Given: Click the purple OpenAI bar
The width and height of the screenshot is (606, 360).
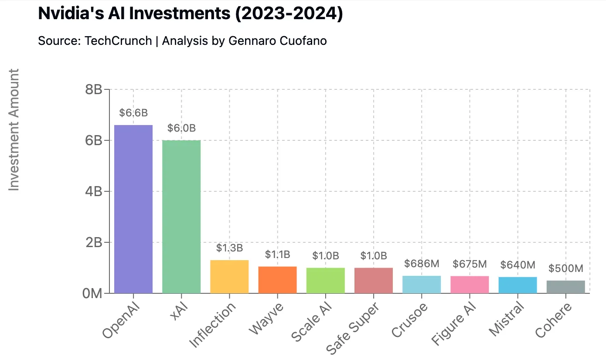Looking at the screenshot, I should tap(133, 209).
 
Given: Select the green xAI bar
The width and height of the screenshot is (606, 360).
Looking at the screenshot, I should tap(181, 217).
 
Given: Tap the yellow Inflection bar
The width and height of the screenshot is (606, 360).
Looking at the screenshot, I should tap(229, 277).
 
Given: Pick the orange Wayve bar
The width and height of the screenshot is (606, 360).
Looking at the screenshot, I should tap(277, 280).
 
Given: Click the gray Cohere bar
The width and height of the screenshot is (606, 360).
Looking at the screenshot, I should tap(566, 287).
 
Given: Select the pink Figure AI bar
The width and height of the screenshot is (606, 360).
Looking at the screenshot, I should tap(470, 285).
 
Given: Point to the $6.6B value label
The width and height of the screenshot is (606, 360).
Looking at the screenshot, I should tap(133, 113).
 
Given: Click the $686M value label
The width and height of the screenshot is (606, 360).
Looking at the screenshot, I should tap(422, 264).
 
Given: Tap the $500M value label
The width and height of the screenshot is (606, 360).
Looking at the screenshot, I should tap(566, 268).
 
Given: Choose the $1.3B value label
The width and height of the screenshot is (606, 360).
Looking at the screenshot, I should tap(229, 248).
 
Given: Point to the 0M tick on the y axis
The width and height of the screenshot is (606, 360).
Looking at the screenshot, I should tap(92, 293).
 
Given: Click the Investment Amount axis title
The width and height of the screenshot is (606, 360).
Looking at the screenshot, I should tap(14, 129).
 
